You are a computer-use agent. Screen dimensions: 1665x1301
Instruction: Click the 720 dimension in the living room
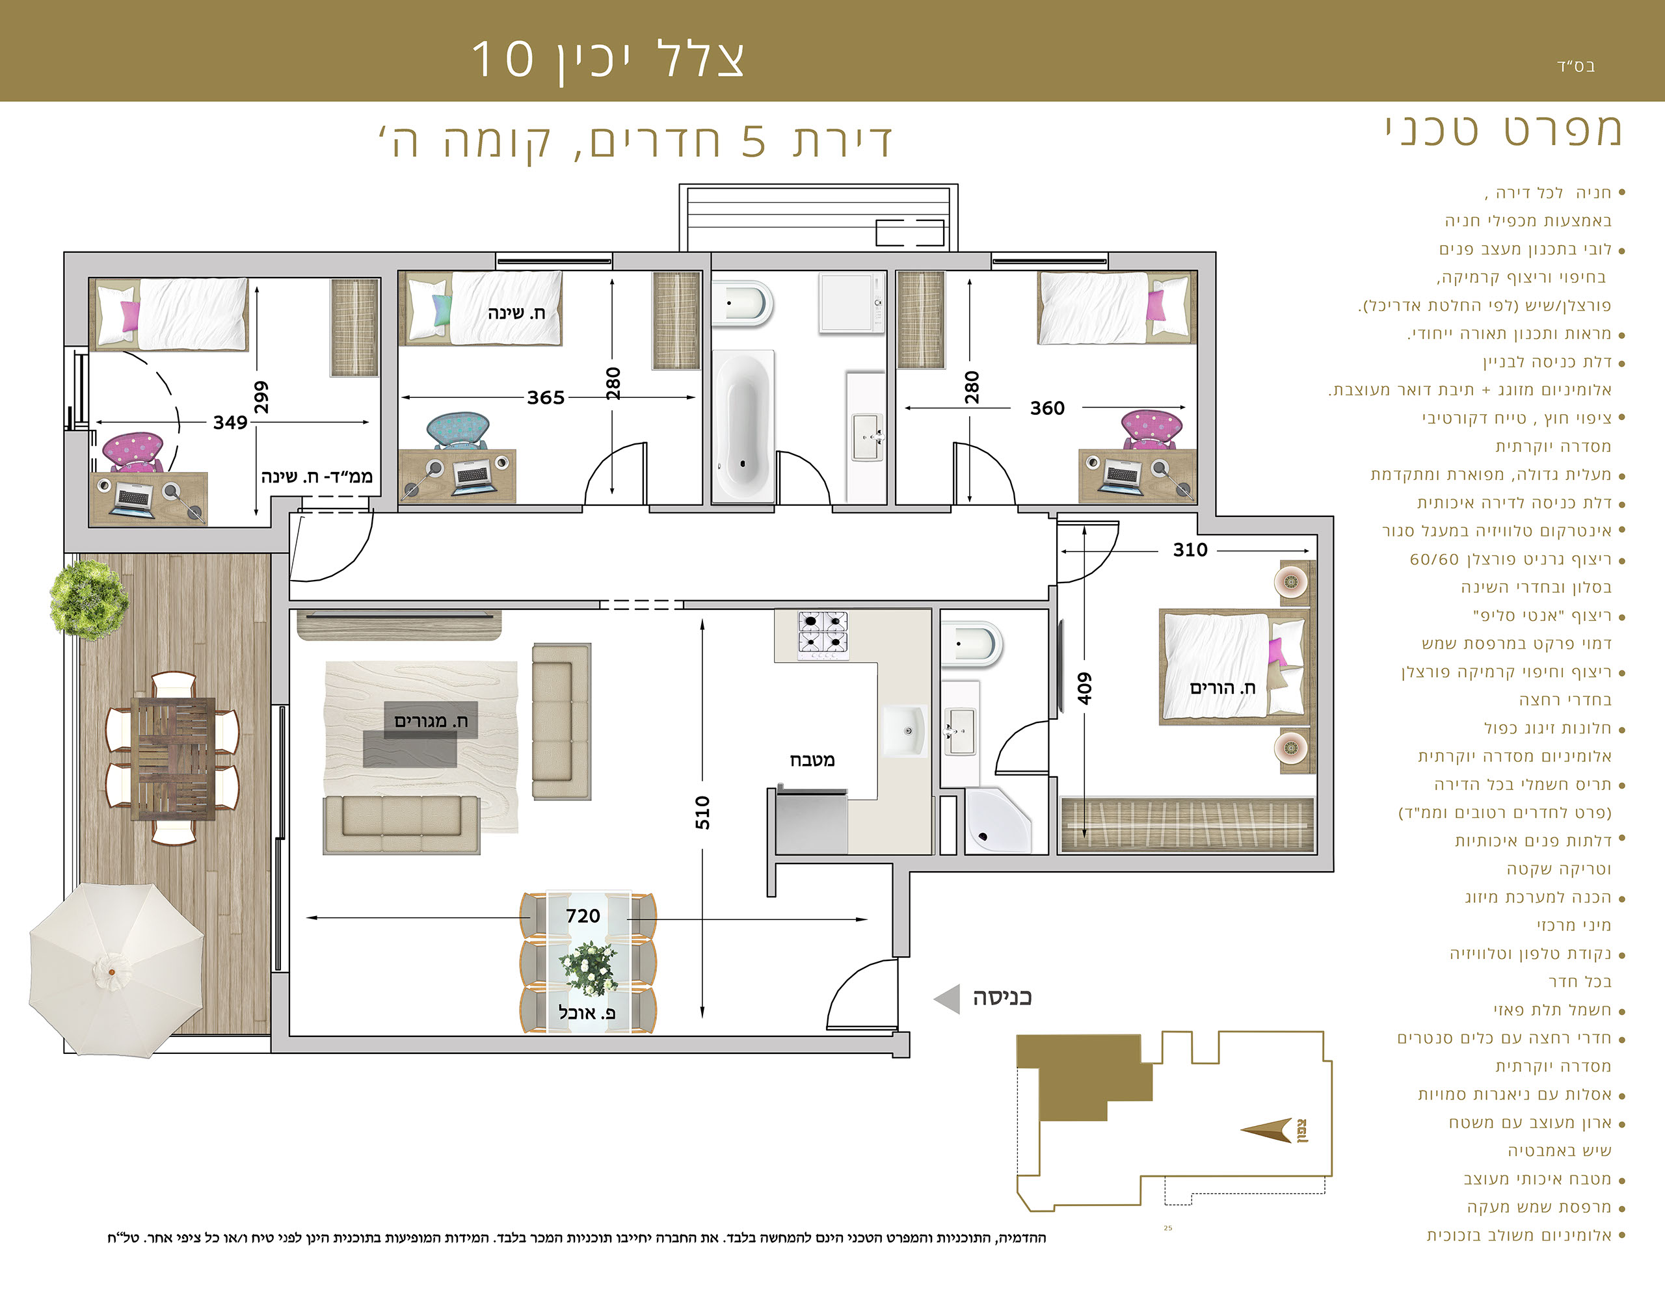click(583, 915)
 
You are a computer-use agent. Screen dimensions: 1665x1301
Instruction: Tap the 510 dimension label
click(702, 813)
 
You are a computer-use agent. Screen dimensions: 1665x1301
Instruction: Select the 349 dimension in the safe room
click(230, 422)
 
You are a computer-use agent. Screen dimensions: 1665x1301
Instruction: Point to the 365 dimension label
click(546, 397)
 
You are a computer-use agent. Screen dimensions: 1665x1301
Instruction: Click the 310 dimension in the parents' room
click(1190, 549)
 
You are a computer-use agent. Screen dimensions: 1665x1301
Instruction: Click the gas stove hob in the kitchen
click(823, 635)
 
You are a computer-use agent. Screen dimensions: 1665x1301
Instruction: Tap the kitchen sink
click(905, 731)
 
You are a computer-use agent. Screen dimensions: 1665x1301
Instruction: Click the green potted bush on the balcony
click(88, 599)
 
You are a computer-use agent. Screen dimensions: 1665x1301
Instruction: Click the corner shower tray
click(997, 821)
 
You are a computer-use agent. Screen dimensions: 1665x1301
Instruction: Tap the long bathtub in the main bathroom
click(743, 425)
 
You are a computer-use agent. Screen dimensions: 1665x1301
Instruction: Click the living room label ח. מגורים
click(431, 721)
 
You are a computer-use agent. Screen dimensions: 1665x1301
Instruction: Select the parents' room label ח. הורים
click(1222, 687)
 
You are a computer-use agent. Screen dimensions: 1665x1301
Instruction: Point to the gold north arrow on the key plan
click(1267, 1130)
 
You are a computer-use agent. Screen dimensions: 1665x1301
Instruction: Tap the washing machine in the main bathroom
click(850, 302)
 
